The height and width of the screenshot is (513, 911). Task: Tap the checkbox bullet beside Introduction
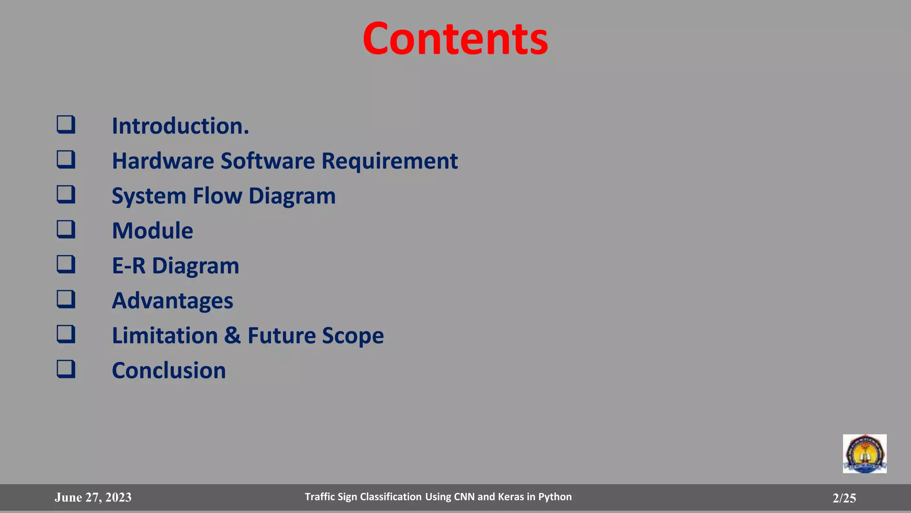pyautogui.click(x=66, y=125)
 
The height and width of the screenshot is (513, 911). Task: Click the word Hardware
pyautogui.click(x=163, y=161)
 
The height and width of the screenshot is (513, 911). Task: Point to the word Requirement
pyautogui.click(x=389, y=162)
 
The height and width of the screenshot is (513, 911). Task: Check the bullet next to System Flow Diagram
pyautogui.click(x=66, y=194)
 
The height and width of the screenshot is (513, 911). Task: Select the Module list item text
pyautogui.click(x=152, y=230)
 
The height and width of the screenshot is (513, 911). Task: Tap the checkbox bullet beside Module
pyautogui.click(x=66, y=230)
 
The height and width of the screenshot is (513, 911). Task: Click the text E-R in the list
pyautogui.click(x=129, y=266)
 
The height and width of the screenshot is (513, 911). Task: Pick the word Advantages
pyautogui.click(x=172, y=301)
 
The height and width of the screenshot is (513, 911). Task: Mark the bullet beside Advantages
pyautogui.click(x=66, y=299)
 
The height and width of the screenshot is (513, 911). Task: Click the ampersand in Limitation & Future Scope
pyautogui.click(x=232, y=335)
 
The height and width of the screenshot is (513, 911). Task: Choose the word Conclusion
pyautogui.click(x=169, y=370)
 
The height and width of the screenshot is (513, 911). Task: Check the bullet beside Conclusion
pyautogui.click(x=66, y=369)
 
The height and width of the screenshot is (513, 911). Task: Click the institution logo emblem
pyautogui.click(x=864, y=454)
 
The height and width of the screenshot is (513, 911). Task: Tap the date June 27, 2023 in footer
pyautogui.click(x=93, y=497)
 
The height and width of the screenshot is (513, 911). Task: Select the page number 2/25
pyautogui.click(x=844, y=498)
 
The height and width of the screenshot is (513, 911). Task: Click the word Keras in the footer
pyautogui.click(x=511, y=497)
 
